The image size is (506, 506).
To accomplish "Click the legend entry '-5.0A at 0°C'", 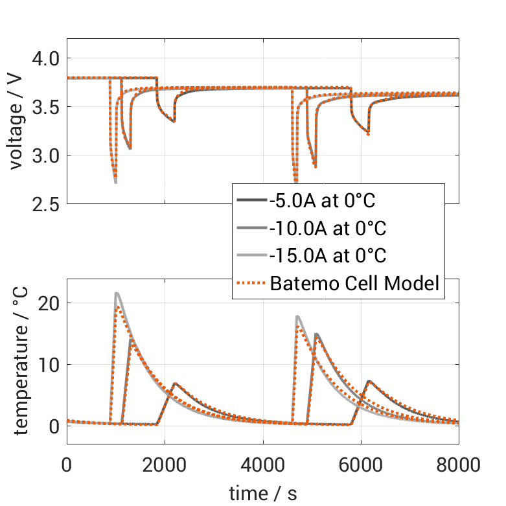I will click(322, 201).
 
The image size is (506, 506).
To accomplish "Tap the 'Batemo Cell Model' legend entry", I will click(355, 283).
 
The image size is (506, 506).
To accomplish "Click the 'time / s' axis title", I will click(262, 493).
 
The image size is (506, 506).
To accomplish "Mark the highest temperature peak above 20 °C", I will click(117, 293).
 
